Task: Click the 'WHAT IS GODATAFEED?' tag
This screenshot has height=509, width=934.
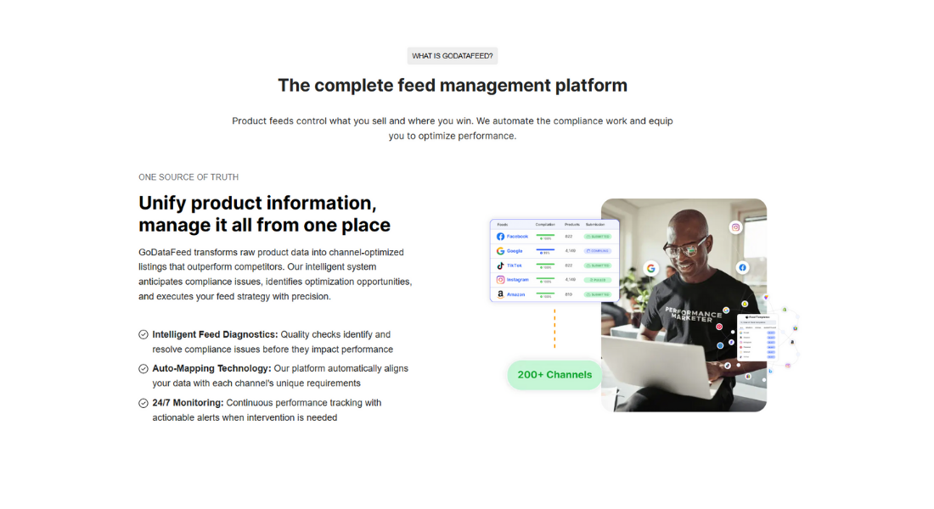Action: [452, 56]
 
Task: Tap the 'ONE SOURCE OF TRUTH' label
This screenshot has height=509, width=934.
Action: [188, 177]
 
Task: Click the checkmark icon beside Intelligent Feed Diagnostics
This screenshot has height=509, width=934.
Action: [143, 335]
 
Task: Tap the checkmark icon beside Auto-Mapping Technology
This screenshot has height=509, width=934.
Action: [143, 369]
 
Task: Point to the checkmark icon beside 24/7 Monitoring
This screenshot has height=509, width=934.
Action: [143, 403]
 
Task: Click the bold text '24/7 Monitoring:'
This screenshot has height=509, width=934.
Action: [188, 403]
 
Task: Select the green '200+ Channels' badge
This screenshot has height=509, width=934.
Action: [554, 375]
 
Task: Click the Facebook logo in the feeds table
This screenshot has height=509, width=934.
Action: [501, 237]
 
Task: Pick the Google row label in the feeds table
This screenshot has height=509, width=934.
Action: [515, 251]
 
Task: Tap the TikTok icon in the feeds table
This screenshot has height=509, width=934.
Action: [501, 266]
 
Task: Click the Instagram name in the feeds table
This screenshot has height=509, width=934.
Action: [518, 280]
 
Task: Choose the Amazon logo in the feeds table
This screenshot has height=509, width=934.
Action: [501, 294]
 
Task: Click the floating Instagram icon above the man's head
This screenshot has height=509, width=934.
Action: [736, 227]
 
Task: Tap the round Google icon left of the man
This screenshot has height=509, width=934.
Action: [651, 268]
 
